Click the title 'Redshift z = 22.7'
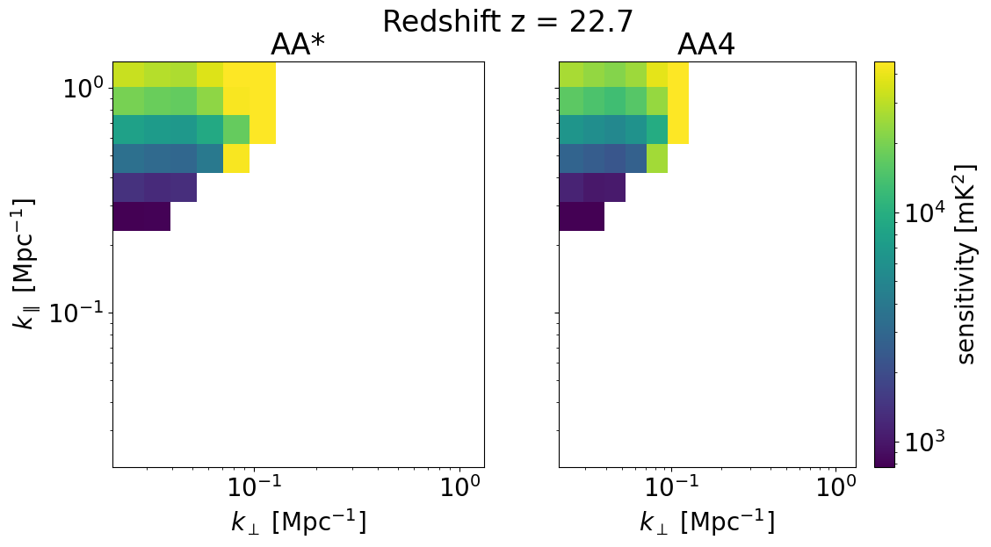(508, 21)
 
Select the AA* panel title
(299, 46)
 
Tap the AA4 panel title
(706, 46)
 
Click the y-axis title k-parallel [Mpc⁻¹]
(24, 264)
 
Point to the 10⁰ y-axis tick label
(84, 89)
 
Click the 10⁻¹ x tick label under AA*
(254, 487)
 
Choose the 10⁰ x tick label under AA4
(835, 487)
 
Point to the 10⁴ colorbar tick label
(924, 213)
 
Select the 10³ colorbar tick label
(924, 443)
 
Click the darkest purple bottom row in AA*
(141, 216)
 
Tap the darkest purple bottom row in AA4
(582, 216)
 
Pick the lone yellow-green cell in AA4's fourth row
(657, 159)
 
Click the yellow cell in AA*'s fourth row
(236, 159)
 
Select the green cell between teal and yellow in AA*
(236, 129)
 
